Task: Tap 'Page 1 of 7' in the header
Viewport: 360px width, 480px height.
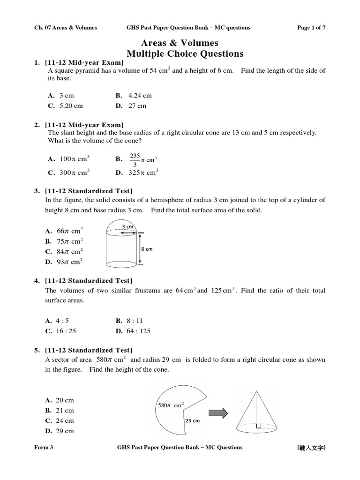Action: (x=311, y=28)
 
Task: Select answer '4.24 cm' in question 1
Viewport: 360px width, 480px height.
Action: (x=140, y=96)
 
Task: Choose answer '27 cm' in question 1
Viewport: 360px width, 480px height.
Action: (x=137, y=106)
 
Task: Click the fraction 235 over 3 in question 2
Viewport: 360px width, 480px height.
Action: (x=135, y=159)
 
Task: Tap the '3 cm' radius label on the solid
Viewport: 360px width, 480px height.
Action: (x=127, y=227)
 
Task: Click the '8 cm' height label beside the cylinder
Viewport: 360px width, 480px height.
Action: (x=147, y=249)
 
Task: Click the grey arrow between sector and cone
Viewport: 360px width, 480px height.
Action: (x=218, y=413)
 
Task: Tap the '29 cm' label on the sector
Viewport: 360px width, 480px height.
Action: (x=192, y=420)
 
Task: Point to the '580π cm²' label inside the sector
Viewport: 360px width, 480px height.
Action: (x=169, y=405)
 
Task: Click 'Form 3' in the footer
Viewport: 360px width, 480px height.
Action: (x=44, y=447)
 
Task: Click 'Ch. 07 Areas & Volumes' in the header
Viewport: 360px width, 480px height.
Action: (x=66, y=28)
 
